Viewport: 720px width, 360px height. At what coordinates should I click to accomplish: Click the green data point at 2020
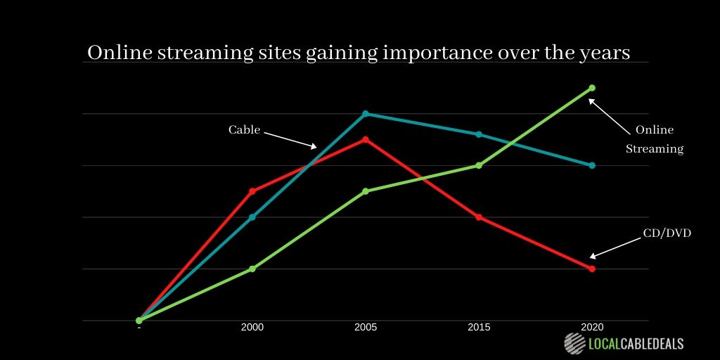click(x=592, y=88)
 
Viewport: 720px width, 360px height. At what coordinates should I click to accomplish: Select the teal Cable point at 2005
click(x=366, y=113)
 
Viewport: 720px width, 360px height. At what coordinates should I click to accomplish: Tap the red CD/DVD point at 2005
click(x=366, y=139)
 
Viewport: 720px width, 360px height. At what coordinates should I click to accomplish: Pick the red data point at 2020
click(x=592, y=269)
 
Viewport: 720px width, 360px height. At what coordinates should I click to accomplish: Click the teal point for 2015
click(x=479, y=134)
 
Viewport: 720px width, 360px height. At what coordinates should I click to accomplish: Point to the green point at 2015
click(x=479, y=165)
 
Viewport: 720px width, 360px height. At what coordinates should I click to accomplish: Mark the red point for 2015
click(x=479, y=217)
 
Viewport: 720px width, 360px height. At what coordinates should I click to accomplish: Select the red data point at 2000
click(x=252, y=191)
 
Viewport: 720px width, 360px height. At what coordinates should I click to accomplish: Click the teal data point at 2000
click(x=252, y=217)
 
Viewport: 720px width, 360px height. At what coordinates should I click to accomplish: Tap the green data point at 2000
click(x=252, y=269)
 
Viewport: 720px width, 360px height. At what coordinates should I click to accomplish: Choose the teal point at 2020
click(x=592, y=165)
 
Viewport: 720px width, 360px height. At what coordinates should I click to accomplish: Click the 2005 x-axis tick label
click(x=366, y=328)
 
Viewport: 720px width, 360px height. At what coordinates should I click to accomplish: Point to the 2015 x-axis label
click(x=479, y=328)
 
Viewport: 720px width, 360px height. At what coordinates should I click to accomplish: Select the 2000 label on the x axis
click(x=252, y=328)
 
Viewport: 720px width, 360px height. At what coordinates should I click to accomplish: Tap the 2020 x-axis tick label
click(x=592, y=328)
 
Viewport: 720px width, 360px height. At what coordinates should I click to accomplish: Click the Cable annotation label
click(x=244, y=130)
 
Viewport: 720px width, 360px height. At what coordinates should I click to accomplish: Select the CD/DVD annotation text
click(x=667, y=233)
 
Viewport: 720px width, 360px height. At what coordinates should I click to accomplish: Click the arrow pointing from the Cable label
click(x=290, y=139)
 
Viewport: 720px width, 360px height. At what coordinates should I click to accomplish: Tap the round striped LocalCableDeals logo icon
click(x=574, y=343)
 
